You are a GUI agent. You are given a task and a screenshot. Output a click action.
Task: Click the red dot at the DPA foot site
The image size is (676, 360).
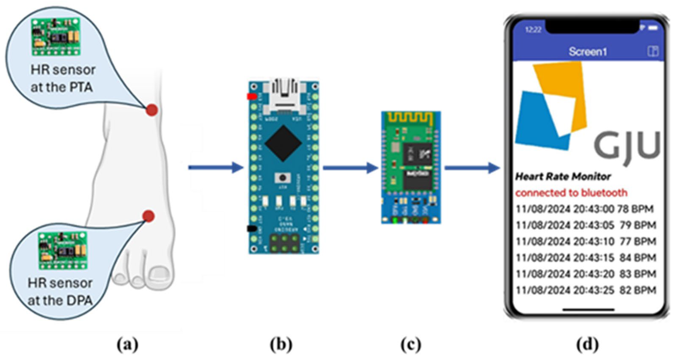coord(149,216)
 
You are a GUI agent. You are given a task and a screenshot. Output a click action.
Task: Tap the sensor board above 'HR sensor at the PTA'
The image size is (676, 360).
coord(56,37)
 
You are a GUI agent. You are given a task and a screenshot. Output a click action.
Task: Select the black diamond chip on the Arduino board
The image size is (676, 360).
coord(283,143)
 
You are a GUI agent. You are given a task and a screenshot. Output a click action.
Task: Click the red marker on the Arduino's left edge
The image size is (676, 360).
coord(252,97)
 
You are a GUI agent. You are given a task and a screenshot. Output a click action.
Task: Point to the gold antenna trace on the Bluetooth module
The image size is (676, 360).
coord(411,119)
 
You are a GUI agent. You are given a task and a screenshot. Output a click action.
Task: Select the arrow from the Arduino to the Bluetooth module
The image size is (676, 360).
coord(350,168)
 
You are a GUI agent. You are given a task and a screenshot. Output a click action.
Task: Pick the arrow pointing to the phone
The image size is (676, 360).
coord(472,168)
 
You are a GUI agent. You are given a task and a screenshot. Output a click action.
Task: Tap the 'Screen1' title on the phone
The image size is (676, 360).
coord(588,52)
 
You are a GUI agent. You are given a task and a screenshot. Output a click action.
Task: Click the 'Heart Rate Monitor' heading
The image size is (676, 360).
coord(563,177)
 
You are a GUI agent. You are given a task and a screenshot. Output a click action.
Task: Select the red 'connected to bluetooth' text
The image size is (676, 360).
coord(571,193)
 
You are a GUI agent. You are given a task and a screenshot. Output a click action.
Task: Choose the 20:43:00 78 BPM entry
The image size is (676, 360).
coord(584,209)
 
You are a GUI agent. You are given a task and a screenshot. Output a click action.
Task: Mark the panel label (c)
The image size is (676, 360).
coord(411,345)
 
